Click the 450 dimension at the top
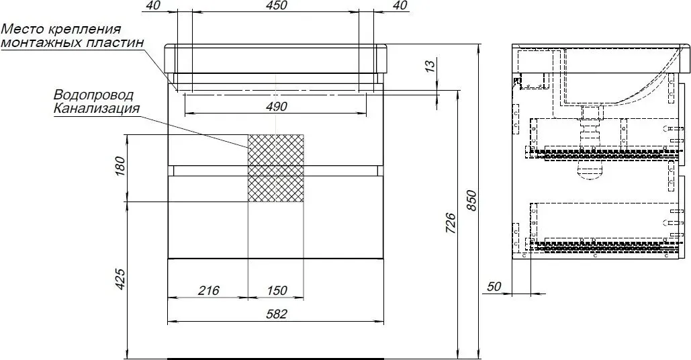click(276, 5)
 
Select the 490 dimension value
click(276, 106)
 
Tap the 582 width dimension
click(276, 314)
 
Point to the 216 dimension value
click(208, 290)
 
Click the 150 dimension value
click(276, 290)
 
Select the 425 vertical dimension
click(121, 279)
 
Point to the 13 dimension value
click(430, 64)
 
